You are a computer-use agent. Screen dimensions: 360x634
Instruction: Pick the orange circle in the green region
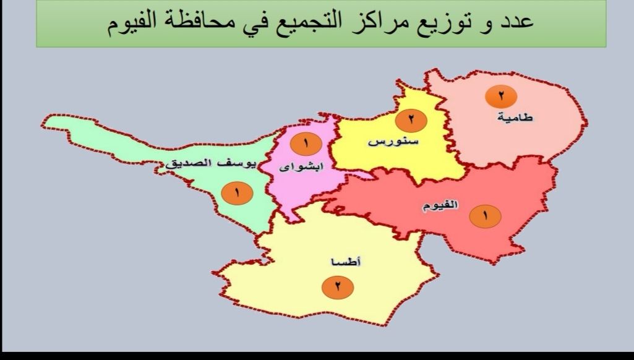click(236, 193)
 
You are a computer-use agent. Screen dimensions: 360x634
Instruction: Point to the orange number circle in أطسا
click(338, 286)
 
